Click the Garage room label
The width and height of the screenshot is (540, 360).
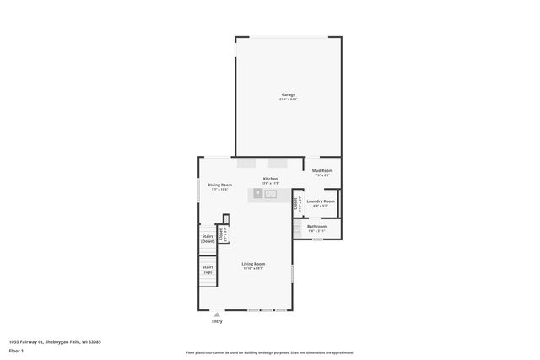288,94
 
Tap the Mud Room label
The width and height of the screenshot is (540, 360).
322,171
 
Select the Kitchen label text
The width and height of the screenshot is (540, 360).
270,179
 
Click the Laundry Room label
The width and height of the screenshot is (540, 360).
321,201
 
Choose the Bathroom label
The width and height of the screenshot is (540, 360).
316,226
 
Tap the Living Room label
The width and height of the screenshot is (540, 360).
253,264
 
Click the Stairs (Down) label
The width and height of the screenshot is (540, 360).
208,239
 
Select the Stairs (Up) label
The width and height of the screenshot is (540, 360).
208,269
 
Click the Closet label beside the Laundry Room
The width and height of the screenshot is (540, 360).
296,202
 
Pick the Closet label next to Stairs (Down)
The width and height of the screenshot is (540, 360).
222,235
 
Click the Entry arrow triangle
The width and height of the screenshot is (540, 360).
217,314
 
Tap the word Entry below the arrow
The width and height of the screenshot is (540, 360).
217,321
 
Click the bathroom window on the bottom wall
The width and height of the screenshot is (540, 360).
317,239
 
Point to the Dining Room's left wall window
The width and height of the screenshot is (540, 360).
199,190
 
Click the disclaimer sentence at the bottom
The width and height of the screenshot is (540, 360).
269,352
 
